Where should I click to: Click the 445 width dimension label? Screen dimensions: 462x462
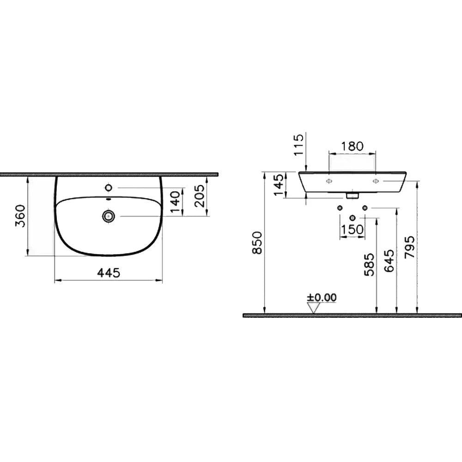coord(109,273)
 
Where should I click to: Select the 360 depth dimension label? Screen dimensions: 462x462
coord(20,216)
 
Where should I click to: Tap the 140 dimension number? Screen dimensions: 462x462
coord(175,202)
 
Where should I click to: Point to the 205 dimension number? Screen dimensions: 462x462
coord(200,195)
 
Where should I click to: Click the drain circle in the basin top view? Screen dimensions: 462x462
coord(109,216)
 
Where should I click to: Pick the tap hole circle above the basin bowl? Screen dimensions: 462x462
coord(109,188)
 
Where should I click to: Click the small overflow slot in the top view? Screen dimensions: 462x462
coord(109,199)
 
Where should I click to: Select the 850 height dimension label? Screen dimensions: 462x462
coord(257,243)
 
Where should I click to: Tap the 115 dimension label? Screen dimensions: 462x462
coord(298,145)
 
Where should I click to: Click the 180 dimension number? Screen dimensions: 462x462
coord(352,146)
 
